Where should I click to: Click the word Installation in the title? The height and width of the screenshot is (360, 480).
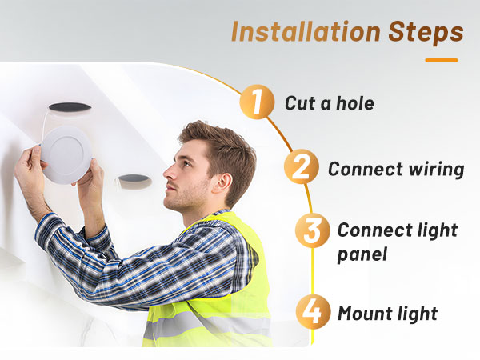point(306,31)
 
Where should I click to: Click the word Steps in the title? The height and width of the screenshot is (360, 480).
point(426,33)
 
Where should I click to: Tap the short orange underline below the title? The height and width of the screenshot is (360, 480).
point(442,60)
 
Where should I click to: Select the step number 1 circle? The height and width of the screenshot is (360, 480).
point(257,102)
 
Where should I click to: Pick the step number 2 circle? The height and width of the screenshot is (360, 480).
point(302,166)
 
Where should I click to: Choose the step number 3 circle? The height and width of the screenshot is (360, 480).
point(313,230)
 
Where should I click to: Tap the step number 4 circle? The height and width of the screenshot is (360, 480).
point(313,312)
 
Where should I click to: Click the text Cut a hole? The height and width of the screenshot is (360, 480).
point(330,103)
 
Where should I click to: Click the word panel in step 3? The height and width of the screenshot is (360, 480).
point(362,254)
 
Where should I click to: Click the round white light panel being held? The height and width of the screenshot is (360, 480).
point(66,155)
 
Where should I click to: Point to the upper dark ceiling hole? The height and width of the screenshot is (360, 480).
point(70,107)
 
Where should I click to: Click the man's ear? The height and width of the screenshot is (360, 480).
point(223,183)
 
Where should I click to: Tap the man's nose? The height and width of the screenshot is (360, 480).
point(168,174)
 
